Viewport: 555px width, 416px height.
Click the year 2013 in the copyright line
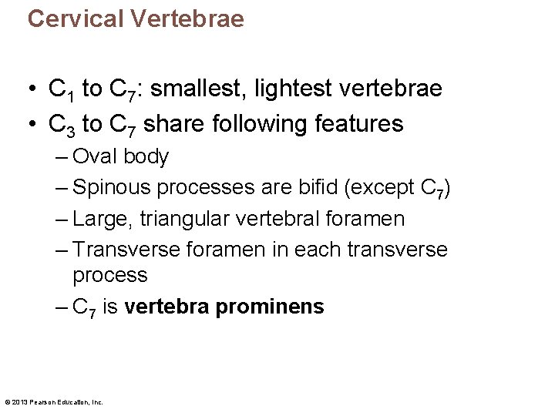click(x=19, y=402)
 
